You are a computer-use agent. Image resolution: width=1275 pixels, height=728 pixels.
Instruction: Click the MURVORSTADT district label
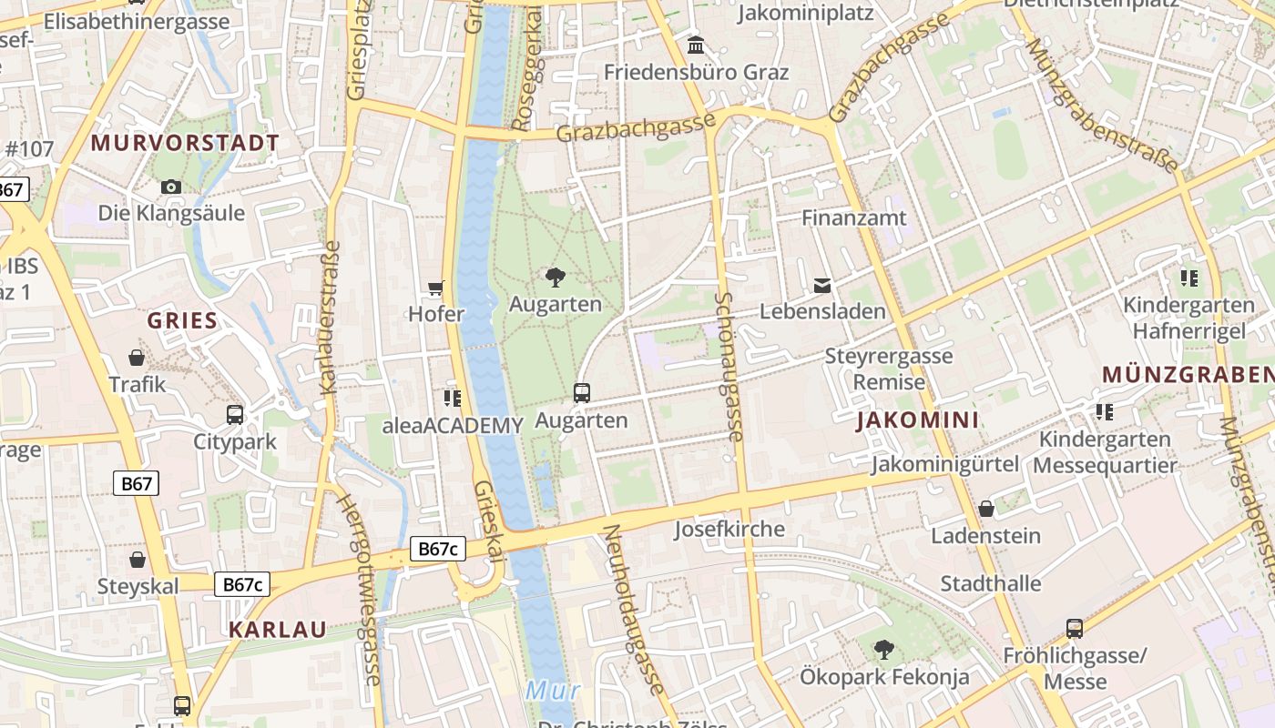click(185, 143)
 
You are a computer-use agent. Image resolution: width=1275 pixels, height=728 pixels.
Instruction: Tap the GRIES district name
click(183, 320)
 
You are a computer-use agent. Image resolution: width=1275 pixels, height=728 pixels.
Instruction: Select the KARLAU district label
click(278, 630)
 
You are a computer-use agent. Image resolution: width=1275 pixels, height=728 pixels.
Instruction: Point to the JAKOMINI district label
click(918, 420)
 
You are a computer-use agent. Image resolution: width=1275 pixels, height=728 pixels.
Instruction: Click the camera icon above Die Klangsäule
click(170, 187)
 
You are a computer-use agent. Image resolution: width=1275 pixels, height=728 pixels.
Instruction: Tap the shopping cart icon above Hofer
click(436, 288)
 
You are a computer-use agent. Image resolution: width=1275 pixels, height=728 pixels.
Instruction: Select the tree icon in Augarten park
click(555, 278)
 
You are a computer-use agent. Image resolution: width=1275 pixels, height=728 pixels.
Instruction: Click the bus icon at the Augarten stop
click(582, 393)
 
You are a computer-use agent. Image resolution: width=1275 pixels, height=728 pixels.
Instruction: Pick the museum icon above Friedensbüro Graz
click(697, 45)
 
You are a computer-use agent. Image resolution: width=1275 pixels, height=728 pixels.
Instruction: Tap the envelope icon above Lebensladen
click(822, 286)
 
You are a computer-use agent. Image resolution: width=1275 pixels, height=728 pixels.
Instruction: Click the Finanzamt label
click(854, 217)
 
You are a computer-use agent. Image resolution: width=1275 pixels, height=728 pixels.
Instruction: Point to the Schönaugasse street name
click(729, 367)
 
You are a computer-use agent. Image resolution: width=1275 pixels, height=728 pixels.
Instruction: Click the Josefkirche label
click(729, 529)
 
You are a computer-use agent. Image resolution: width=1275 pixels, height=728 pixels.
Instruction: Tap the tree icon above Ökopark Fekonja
click(883, 650)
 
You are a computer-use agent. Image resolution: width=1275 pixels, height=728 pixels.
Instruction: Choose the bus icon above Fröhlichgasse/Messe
click(1075, 628)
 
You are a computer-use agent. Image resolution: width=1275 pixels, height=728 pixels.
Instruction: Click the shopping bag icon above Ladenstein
click(985, 509)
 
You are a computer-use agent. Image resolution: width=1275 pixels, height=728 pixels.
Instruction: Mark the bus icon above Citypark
click(235, 415)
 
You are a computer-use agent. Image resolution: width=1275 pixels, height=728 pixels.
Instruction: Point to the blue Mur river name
click(552, 691)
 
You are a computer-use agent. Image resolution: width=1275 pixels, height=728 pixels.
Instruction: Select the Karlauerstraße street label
click(330, 317)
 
